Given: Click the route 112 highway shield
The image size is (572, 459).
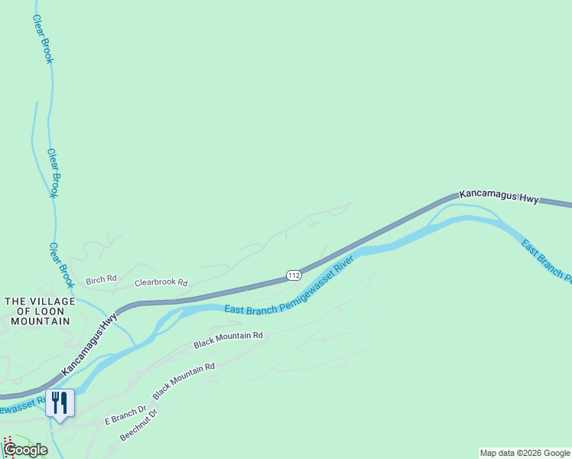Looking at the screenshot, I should pos(294,275).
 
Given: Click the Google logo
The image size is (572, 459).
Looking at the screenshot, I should pos(25,450).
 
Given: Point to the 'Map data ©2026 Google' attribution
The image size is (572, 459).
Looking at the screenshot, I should pos(525,453).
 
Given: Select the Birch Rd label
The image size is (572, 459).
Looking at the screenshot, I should pos(101,279).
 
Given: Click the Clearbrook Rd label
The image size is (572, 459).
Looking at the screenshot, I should pos(161,282).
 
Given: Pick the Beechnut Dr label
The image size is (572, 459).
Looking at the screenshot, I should pos(138,425).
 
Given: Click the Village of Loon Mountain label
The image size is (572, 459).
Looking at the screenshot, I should pos(40,311).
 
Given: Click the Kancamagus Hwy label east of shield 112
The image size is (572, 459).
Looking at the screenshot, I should pos(499,197).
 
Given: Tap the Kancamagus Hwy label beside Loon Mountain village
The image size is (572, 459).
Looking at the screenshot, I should pos(89,343).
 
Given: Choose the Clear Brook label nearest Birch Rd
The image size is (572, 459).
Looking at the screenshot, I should pos(61,265).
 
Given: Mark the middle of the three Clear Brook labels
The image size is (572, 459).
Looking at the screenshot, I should pos(53,173).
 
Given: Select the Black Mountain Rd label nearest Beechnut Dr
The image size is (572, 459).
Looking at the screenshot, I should pos(184,381).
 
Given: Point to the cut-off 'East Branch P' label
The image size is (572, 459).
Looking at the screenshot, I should pos(546,260).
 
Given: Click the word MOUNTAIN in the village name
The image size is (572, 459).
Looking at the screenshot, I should pos(40,321).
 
